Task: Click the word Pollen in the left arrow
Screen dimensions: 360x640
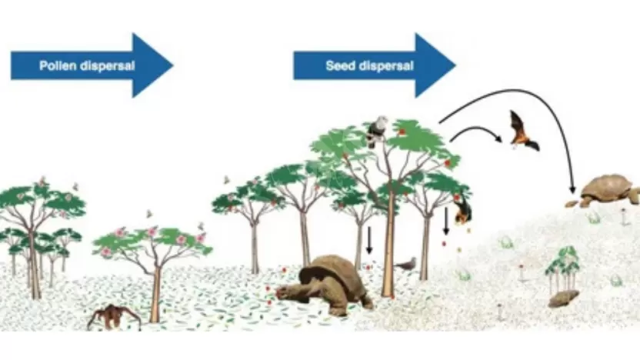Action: pos(58,65)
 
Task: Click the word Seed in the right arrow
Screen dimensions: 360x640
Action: pos(338,65)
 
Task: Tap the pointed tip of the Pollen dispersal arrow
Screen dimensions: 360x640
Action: pos(172,65)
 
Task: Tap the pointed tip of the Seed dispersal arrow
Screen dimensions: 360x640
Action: pos(454,65)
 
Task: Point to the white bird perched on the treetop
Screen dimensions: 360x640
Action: pos(377,130)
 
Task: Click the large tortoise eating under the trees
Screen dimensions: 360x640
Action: pos(327,282)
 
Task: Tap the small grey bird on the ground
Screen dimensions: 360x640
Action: pos(406,264)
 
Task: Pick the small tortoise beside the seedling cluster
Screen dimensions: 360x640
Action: pos(564,298)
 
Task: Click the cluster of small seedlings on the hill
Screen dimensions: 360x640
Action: pos(564,268)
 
